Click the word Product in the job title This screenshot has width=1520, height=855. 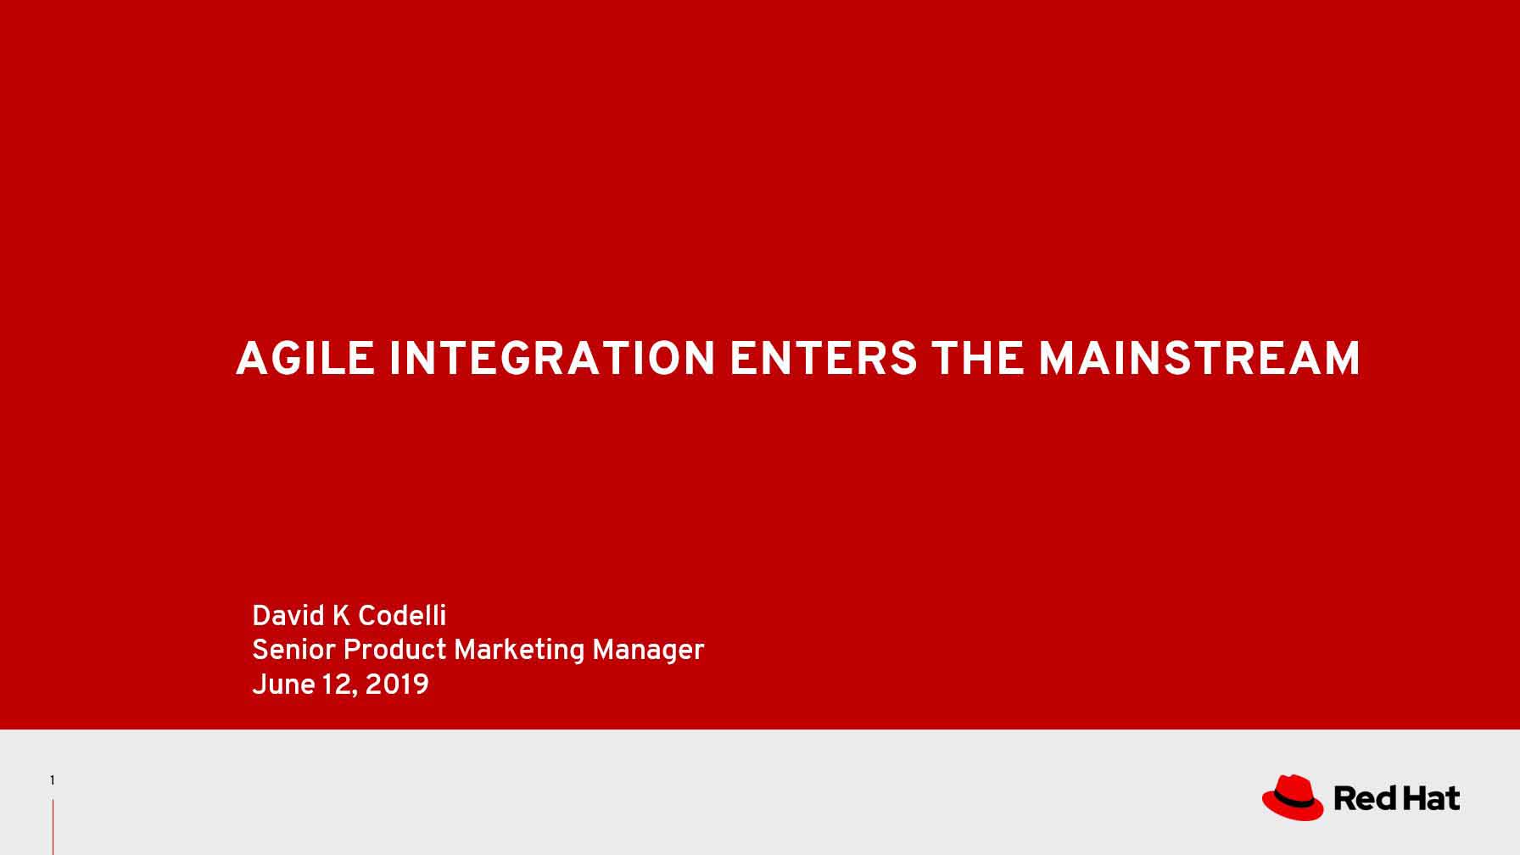point(394,651)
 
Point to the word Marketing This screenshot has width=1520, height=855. point(519,651)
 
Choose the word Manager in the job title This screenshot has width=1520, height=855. point(648,651)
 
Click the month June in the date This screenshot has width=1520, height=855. point(283,685)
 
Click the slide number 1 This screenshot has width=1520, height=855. point(52,780)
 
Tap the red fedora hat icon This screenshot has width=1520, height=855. point(1293,797)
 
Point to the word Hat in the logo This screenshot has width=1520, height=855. point(1430,798)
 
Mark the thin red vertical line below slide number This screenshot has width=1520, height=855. point(53,827)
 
